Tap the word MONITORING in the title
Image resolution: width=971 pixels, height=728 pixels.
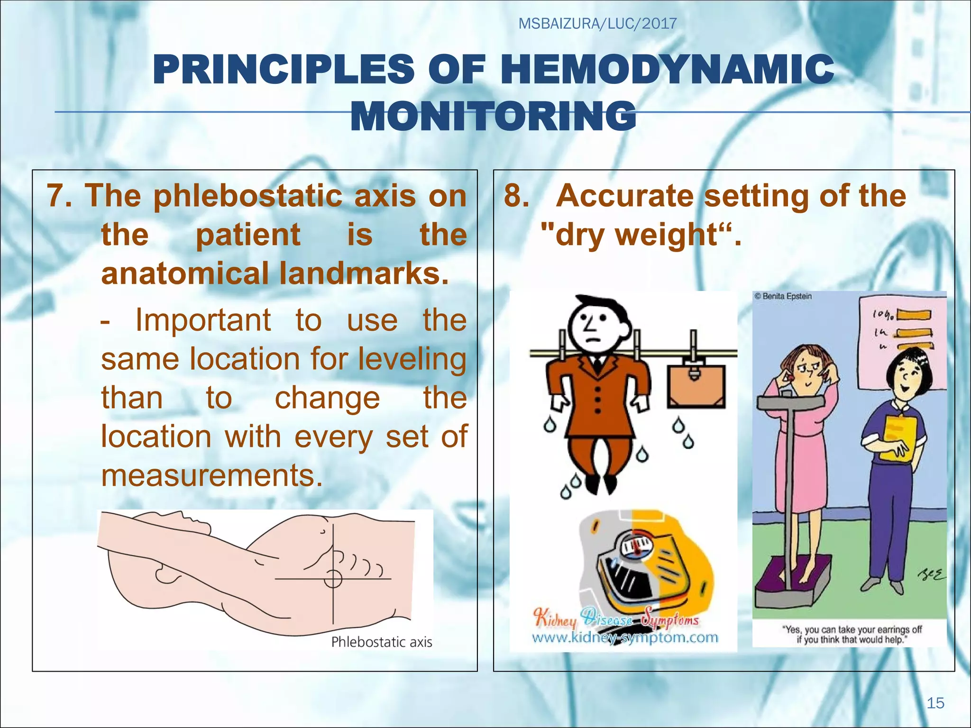[x=493, y=117]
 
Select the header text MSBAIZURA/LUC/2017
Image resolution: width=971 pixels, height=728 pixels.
[x=597, y=24]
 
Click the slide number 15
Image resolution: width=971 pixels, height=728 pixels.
[x=935, y=703]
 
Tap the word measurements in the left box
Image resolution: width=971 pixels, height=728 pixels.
[x=212, y=475]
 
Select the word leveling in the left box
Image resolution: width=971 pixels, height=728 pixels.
[x=412, y=359]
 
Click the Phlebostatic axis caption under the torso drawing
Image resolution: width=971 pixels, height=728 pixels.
[x=381, y=642]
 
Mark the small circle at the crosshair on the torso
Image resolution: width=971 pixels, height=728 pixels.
[x=333, y=579]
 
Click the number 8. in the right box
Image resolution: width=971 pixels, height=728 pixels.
[x=516, y=195]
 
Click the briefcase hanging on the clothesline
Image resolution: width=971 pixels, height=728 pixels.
[x=696, y=386]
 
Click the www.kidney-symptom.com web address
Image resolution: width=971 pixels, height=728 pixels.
[x=625, y=638]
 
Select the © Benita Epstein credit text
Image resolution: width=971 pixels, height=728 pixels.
[x=783, y=296]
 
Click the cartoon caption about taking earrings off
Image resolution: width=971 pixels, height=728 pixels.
[x=851, y=635]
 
